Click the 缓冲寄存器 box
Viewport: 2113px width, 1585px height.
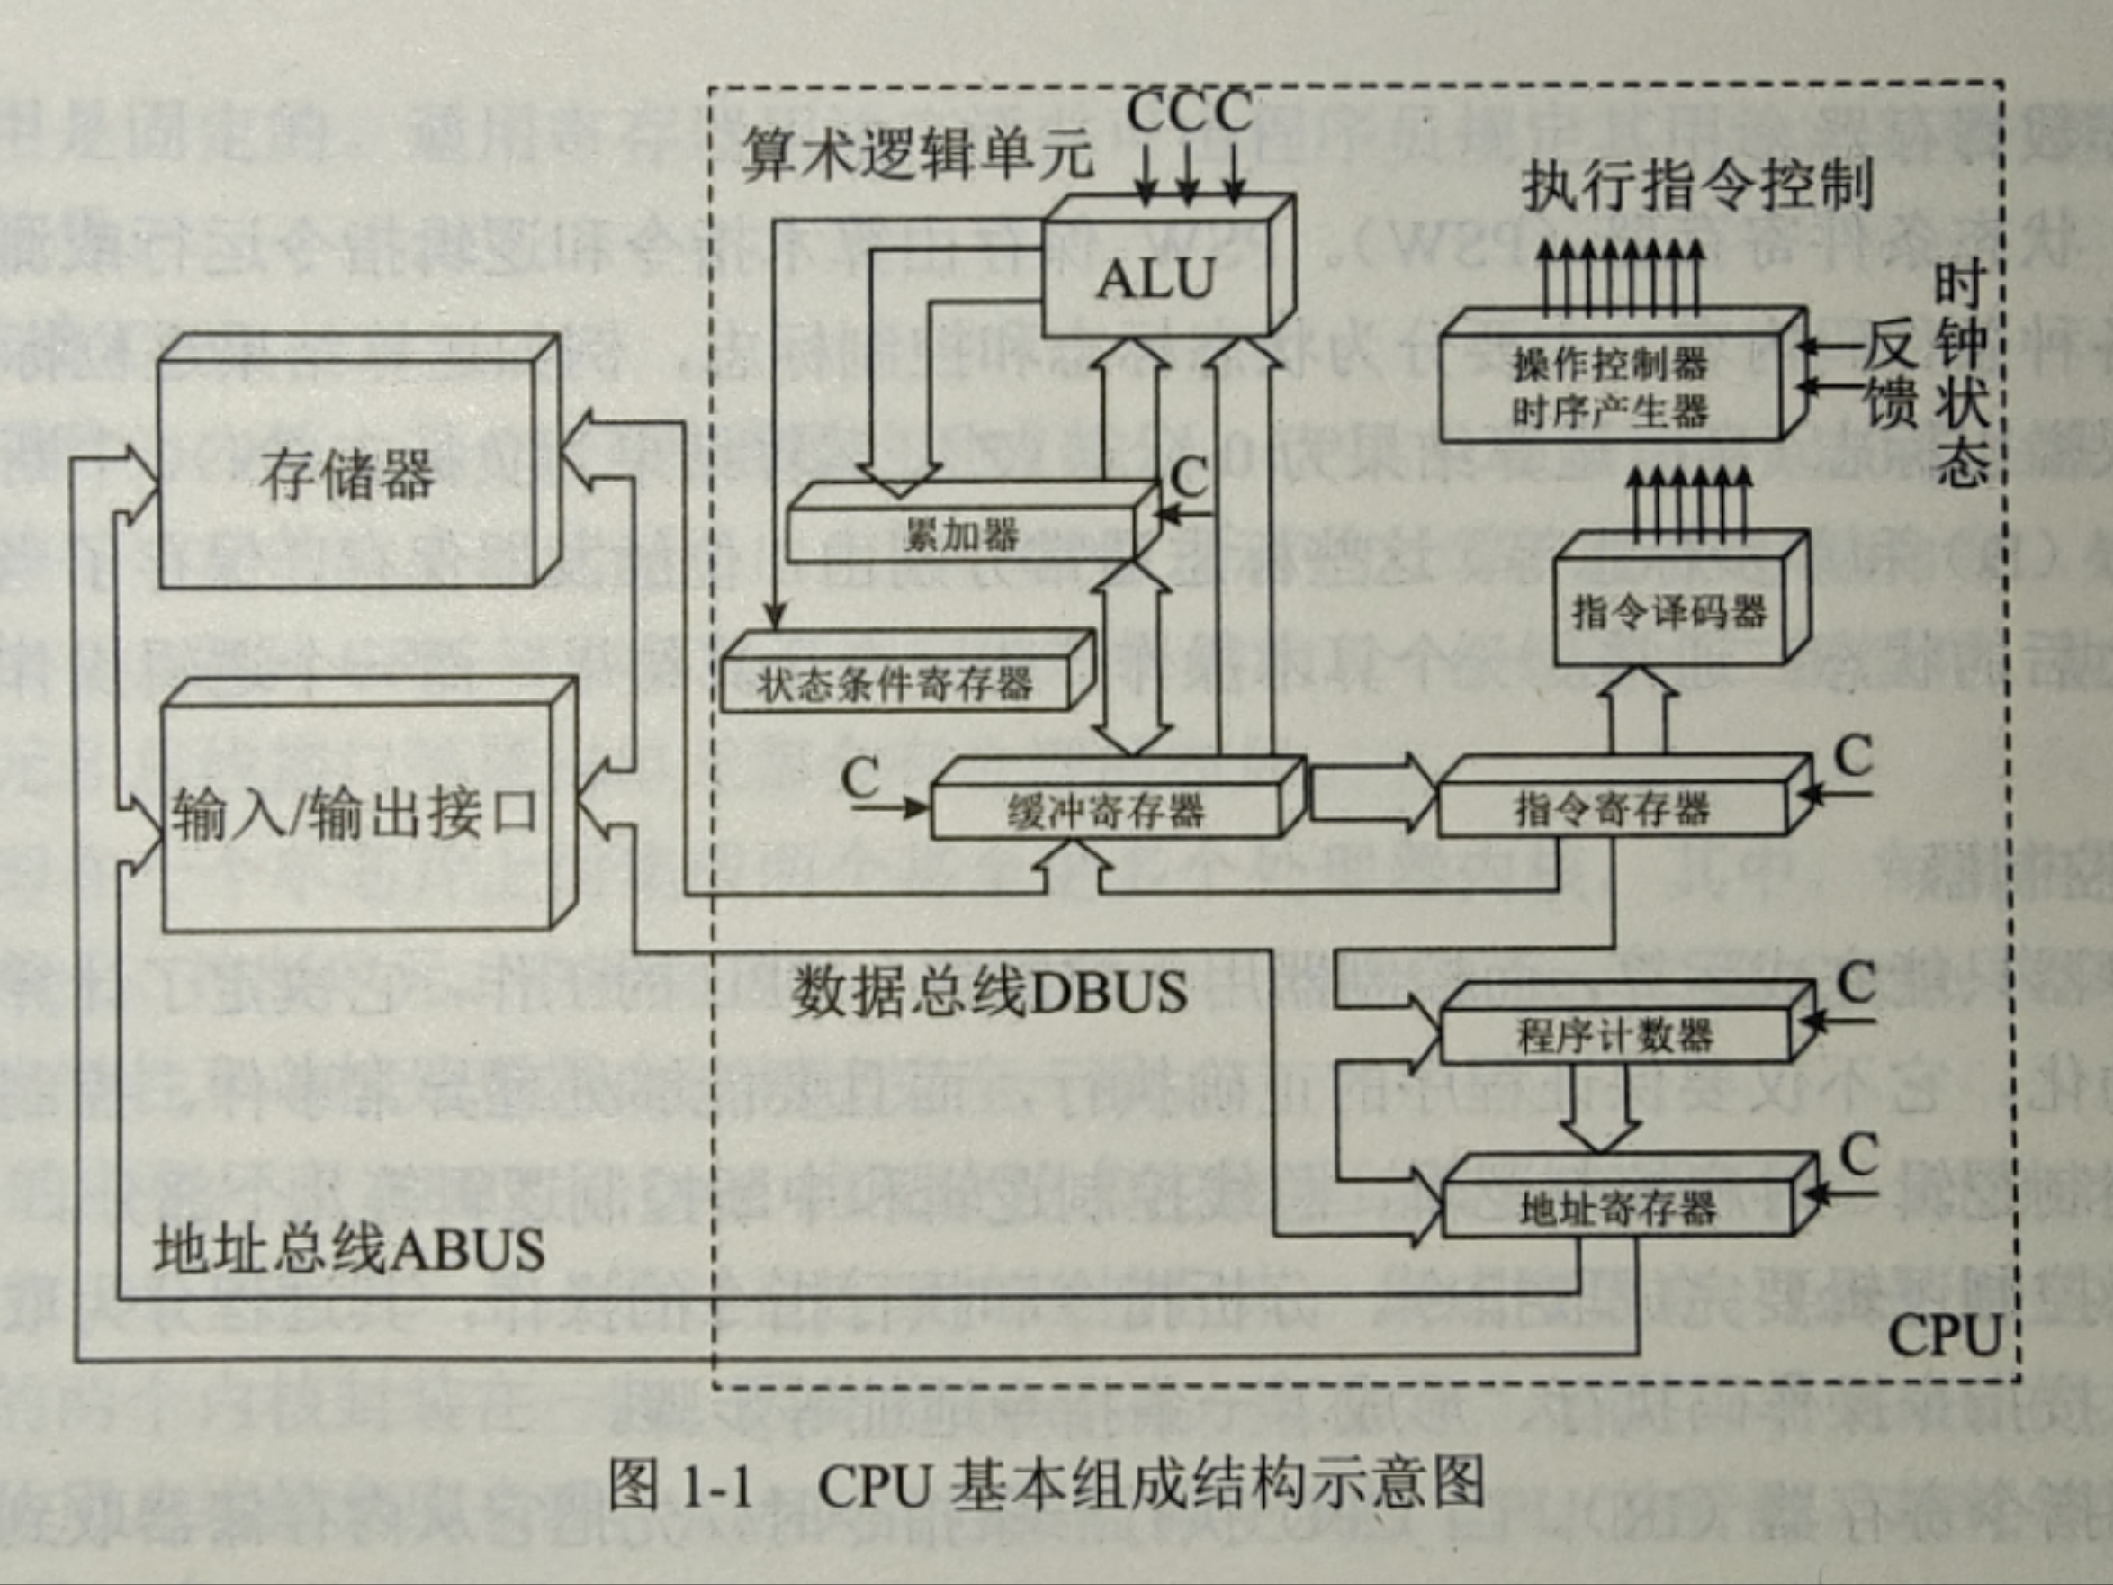click(x=1105, y=810)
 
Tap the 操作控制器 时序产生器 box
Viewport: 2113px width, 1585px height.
click(x=1610, y=388)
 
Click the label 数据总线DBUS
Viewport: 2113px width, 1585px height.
click(x=989, y=993)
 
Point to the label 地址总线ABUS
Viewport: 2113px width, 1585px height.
click(x=348, y=1248)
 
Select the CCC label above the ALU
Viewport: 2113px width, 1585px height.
click(x=1188, y=112)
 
